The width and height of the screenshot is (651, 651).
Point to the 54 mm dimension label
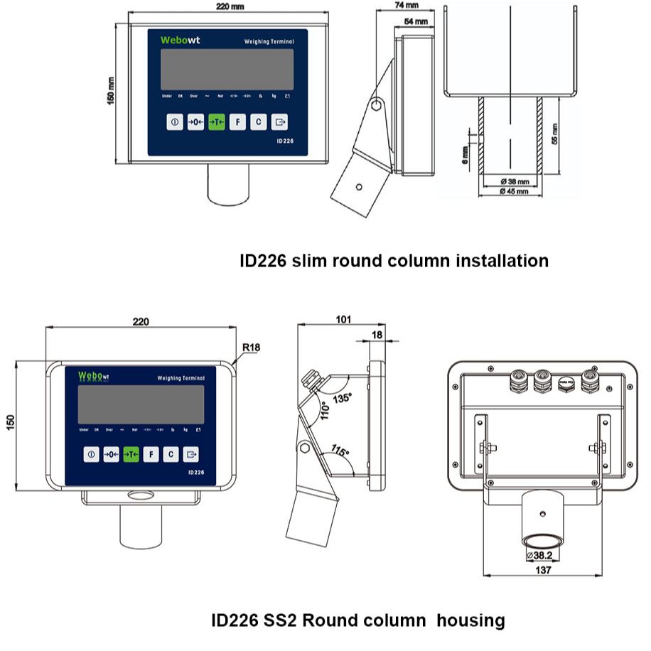pyautogui.click(x=416, y=22)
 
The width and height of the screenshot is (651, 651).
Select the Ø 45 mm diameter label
pyautogui.click(x=513, y=191)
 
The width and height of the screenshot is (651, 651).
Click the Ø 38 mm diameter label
pyautogui.click(x=513, y=181)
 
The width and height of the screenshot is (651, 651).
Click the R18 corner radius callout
pyautogui.click(x=251, y=348)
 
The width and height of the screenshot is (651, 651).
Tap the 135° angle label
pyautogui.click(x=342, y=399)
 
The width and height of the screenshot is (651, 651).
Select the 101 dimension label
pyautogui.click(x=343, y=320)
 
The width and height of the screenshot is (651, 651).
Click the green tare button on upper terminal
pyautogui.click(x=217, y=122)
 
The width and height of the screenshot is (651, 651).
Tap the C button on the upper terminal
pyautogui.click(x=259, y=122)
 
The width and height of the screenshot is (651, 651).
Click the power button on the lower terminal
pyautogui.click(x=91, y=454)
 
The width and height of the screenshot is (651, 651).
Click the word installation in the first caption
pyautogui.click(x=500, y=261)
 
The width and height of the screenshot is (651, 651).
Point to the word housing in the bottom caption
pyautogui.click(x=470, y=620)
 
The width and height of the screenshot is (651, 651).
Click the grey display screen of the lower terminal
pyautogui.click(x=141, y=404)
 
